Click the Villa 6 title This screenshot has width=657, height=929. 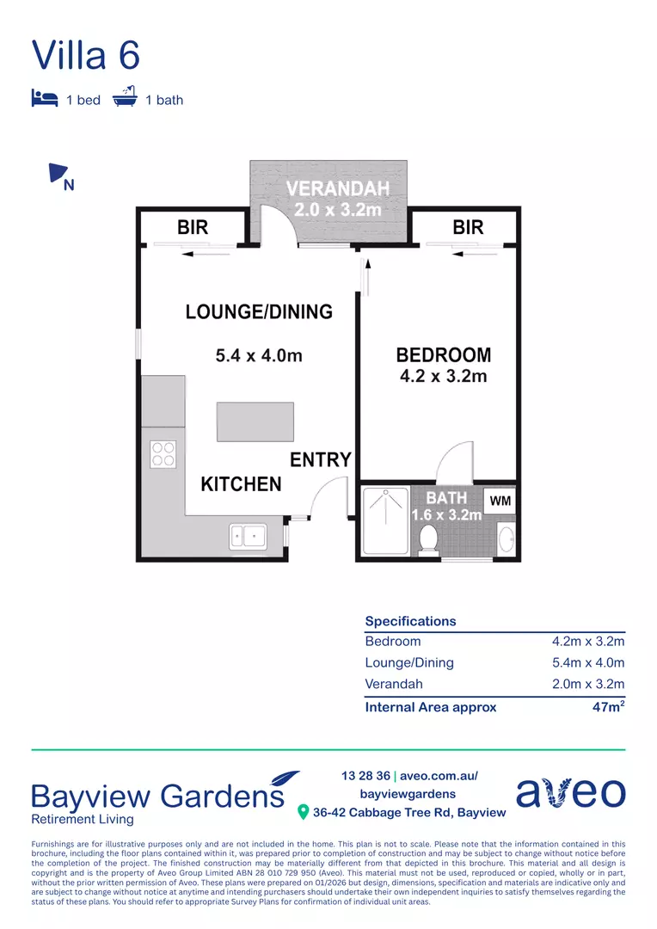pos(86,55)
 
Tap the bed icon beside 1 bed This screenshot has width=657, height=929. pos(44,98)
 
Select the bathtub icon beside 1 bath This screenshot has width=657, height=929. pos(126,97)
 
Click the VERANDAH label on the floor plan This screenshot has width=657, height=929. pos(338,189)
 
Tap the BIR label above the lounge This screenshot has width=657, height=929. pos(193,228)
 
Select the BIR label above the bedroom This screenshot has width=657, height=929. pos(468,228)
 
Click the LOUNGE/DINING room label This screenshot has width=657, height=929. pos(259,312)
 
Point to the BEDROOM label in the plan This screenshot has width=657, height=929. pos(443,354)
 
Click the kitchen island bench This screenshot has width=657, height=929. pos(255,421)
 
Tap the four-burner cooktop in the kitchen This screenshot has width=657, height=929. pos(163,453)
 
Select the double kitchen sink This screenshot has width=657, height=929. pos(248,537)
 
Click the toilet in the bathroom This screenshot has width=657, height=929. pos(428,538)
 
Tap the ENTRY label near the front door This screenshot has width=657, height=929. pos(320,460)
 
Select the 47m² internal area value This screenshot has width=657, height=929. pos(605,707)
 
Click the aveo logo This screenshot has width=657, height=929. pos(571,792)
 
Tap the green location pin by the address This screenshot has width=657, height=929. pos(303,812)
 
